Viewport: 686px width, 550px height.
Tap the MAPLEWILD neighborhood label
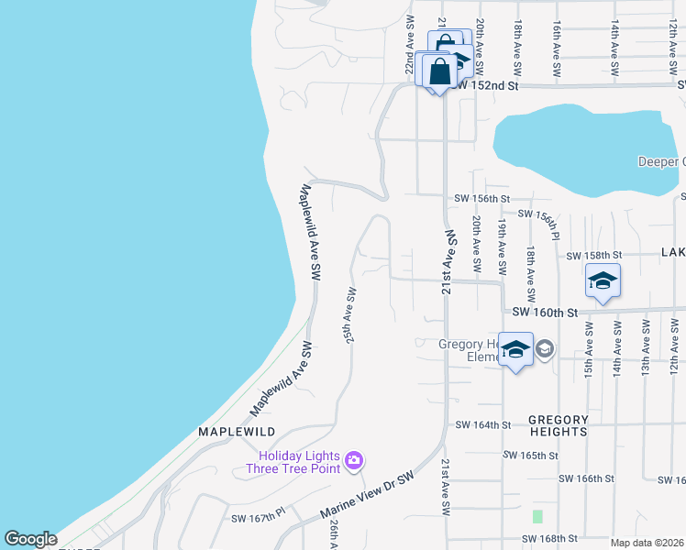pyautogui.click(x=237, y=431)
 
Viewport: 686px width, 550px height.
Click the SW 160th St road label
pyautogui.click(x=546, y=313)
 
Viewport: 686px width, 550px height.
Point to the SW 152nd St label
pyautogui.click(x=486, y=85)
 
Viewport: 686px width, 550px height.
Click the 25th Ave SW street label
pyautogui.click(x=349, y=315)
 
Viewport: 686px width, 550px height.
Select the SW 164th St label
pyautogui.click(x=482, y=424)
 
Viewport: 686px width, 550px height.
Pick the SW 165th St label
pyautogui.click(x=531, y=455)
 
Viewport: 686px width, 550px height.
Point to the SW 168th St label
pyautogui.click(x=548, y=538)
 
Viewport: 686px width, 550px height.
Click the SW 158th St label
pyautogui.click(x=594, y=255)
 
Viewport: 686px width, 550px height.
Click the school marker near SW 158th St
pyautogui.click(x=603, y=281)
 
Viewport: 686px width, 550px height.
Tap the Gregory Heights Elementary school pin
pyautogui.click(x=516, y=349)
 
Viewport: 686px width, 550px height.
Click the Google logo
pyautogui.click(x=30, y=539)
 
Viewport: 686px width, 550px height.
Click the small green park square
pyautogui.click(x=537, y=517)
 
